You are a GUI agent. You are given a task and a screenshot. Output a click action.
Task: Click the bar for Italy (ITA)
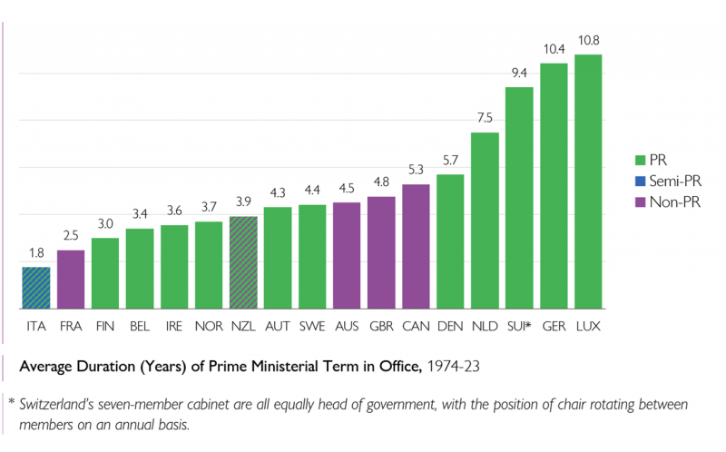point(36,288)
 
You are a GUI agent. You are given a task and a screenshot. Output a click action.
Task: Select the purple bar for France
point(71,280)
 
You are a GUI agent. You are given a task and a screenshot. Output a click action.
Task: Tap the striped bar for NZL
point(243,262)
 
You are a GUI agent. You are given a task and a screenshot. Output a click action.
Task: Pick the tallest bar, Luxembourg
point(588,182)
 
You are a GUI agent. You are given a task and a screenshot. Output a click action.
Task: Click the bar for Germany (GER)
point(554,186)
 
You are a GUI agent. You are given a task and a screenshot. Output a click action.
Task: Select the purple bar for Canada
point(416,246)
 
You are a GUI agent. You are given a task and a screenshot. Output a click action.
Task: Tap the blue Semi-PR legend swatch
point(642,180)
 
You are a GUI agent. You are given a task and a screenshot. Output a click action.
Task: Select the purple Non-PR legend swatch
point(642,202)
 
